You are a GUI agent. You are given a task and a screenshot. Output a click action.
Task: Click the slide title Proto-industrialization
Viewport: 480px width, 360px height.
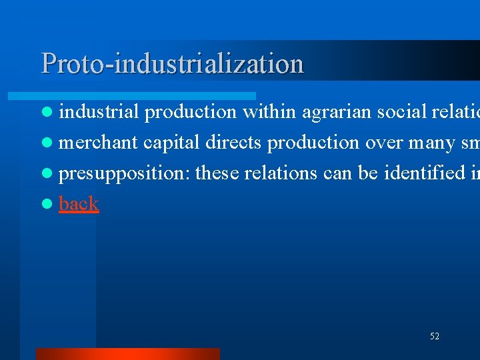coord(172,63)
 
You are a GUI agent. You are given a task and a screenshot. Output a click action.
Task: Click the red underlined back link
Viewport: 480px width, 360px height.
coord(79,203)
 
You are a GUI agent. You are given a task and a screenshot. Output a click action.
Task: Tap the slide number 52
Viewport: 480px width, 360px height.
coord(434,337)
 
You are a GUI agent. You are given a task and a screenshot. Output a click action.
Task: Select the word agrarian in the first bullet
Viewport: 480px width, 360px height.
coord(337,112)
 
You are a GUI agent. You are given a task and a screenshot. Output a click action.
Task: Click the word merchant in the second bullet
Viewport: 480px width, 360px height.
coord(98,143)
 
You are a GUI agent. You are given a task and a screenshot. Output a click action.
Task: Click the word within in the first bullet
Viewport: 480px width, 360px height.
coord(269,112)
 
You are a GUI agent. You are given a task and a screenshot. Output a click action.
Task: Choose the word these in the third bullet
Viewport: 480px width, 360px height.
coord(217,173)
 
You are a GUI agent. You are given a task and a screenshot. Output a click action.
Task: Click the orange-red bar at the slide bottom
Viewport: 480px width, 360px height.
coord(127,353)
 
